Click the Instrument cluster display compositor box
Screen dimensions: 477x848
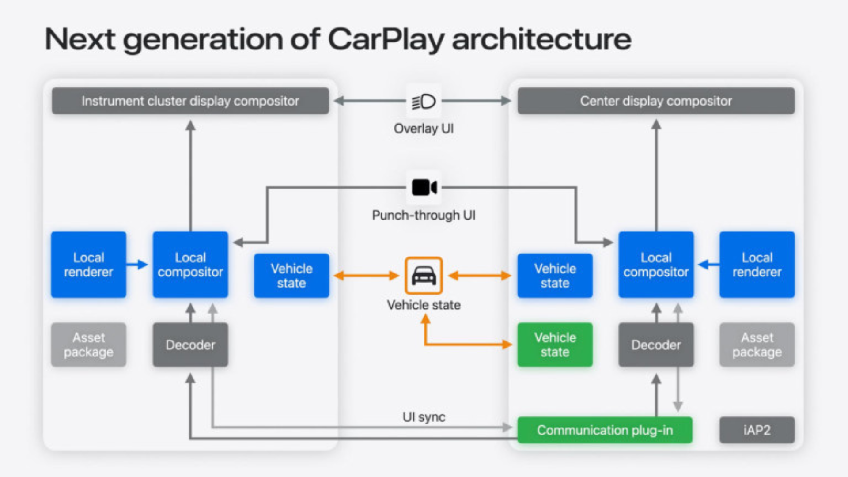(190, 101)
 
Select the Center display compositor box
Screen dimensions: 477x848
(656, 101)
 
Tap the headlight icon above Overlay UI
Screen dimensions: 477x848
(424, 102)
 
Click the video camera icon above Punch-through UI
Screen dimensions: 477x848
(424, 187)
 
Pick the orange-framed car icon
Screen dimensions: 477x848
(424, 276)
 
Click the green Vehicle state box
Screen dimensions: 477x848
(555, 344)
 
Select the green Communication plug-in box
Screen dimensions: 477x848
(605, 430)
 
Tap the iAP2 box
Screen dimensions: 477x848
(757, 430)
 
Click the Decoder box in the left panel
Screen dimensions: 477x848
(190, 344)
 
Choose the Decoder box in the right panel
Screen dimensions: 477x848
(656, 344)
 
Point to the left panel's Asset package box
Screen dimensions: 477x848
(88, 344)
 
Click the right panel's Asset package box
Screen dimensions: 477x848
(757, 344)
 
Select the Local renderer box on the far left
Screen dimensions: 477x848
(88, 265)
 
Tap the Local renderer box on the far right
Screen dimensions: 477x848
(757, 265)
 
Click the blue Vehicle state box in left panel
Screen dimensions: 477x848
(291, 276)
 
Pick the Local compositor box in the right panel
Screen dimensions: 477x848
(656, 265)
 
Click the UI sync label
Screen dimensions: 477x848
(424, 417)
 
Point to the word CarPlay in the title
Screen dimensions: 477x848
(386, 40)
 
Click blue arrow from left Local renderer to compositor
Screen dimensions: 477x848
(138, 265)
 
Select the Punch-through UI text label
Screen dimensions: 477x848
(424, 215)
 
